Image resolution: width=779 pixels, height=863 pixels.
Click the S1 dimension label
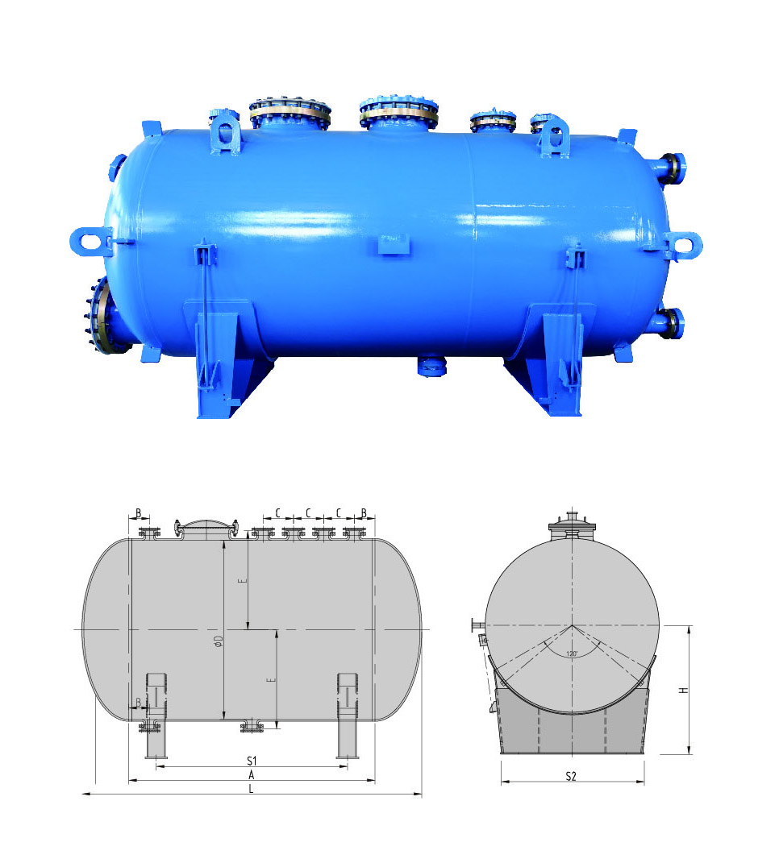pos(251,760)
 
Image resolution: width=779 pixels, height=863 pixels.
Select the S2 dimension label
pos(571,776)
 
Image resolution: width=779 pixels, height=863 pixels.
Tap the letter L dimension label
pos(251,789)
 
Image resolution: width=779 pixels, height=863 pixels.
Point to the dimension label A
pos(251,774)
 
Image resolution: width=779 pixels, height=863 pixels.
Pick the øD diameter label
pos(218,641)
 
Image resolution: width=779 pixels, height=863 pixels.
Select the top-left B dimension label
pos(138,512)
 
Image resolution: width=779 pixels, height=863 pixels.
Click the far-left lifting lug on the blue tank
pos(90,240)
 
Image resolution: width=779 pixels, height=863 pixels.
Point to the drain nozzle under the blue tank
pos(432,367)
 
